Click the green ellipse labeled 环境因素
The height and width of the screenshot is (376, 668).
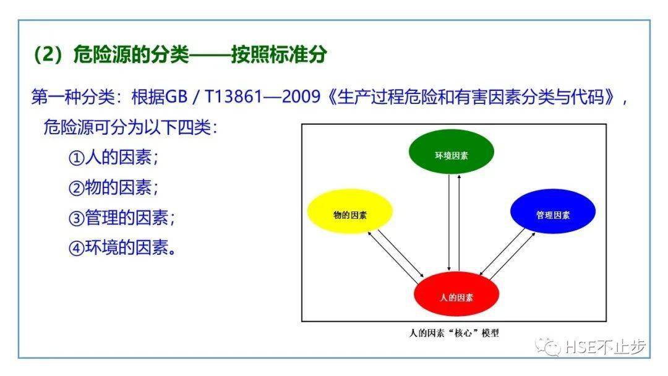pos(451,152)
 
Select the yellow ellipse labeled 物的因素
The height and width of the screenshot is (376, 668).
pos(349,211)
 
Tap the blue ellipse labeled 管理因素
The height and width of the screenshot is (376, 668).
pos(553,211)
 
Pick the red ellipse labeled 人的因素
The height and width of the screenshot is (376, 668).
pos(456,294)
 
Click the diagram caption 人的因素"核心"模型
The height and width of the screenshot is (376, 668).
pos(454,333)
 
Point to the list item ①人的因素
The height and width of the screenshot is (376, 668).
pos(113,157)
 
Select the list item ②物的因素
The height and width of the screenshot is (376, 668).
pos(113,187)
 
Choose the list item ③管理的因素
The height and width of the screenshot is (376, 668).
pos(121,217)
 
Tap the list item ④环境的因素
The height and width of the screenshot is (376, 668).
pos(122,247)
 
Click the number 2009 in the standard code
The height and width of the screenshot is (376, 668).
pos(301,96)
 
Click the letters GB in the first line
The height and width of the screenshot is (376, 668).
pos(176,96)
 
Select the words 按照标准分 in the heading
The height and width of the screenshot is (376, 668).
pos(279,54)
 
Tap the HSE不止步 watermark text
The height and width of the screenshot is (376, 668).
pos(606,347)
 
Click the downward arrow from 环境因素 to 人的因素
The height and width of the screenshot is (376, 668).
pos(449,222)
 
